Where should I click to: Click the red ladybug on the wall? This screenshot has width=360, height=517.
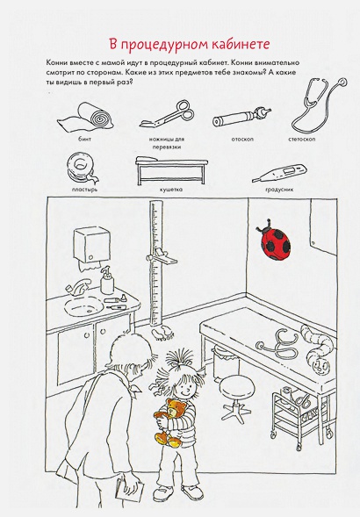pyautogui.click(x=275, y=240)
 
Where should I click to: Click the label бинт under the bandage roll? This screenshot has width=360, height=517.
pyautogui.click(x=85, y=140)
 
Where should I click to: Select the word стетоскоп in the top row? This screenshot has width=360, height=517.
pyautogui.click(x=301, y=140)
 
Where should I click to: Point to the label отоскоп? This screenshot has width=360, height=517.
pyautogui.click(x=242, y=140)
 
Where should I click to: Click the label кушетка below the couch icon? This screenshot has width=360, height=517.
pyautogui.click(x=171, y=190)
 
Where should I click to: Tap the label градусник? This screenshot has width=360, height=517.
pyautogui.click(x=279, y=190)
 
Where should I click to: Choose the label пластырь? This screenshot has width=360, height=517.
pyautogui.click(x=84, y=190)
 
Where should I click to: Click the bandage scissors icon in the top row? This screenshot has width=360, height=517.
pyautogui.click(x=168, y=114)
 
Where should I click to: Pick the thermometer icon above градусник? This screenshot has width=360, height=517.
pyautogui.click(x=279, y=174)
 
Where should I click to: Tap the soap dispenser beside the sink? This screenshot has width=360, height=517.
pyautogui.click(x=107, y=280)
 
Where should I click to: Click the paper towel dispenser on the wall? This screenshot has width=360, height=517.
pyautogui.click(x=91, y=248)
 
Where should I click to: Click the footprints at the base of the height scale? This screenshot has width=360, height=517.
pyautogui.click(x=162, y=333)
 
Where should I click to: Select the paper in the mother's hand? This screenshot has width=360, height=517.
pyautogui.click(x=129, y=491)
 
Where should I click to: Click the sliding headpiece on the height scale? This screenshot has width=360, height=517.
pyautogui.click(x=162, y=256)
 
